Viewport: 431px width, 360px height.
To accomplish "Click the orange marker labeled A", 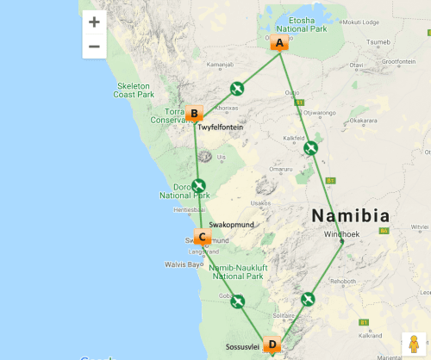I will click(278, 43).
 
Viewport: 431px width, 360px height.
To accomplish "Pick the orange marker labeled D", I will click(272, 344).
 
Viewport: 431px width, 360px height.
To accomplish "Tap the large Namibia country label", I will click(350, 215).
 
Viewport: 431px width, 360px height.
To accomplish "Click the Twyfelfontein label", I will click(216, 127).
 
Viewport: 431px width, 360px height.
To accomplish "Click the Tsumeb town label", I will click(378, 41).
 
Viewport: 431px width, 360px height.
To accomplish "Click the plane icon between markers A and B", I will click(237, 88).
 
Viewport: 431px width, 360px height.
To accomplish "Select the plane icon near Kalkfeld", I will click(311, 148).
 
